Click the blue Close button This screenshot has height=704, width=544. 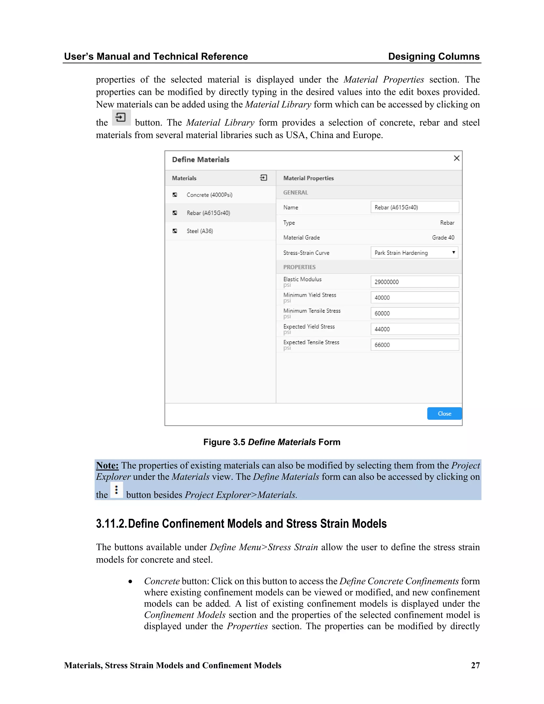click(x=444, y=414)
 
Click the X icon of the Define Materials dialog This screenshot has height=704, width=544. click(x=456, y=158)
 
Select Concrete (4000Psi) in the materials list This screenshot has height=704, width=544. click(x=209, y=195)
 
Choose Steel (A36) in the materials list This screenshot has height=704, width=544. click(x=199, y=231)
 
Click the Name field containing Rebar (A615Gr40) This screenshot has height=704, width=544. click(x=414, y=207)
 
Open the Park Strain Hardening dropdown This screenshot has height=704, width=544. click(x=414, y=253)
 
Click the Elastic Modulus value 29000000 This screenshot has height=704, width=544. click(x=414, y=282)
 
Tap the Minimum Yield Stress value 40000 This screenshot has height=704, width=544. click(x=414, y=298)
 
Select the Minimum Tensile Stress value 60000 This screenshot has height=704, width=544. click(x=414, y=313)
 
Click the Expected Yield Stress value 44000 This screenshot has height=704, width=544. click(x=414, y=329)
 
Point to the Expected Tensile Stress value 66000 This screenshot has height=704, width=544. click(x=414, y=345)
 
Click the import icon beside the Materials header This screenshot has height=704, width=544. click(x=263, y=178)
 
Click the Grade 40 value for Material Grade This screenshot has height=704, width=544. click(x=443, y=238)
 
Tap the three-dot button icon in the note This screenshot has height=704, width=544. click(x=116, y=490)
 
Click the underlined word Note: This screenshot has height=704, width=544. click(x=107, y=465)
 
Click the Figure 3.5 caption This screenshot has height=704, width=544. click(x=272, y=442)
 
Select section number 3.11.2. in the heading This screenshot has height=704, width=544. click(x=111, y=524)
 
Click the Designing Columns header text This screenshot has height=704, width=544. click(x=433, y=56)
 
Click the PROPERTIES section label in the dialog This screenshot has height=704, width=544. click(x=299, y=267)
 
